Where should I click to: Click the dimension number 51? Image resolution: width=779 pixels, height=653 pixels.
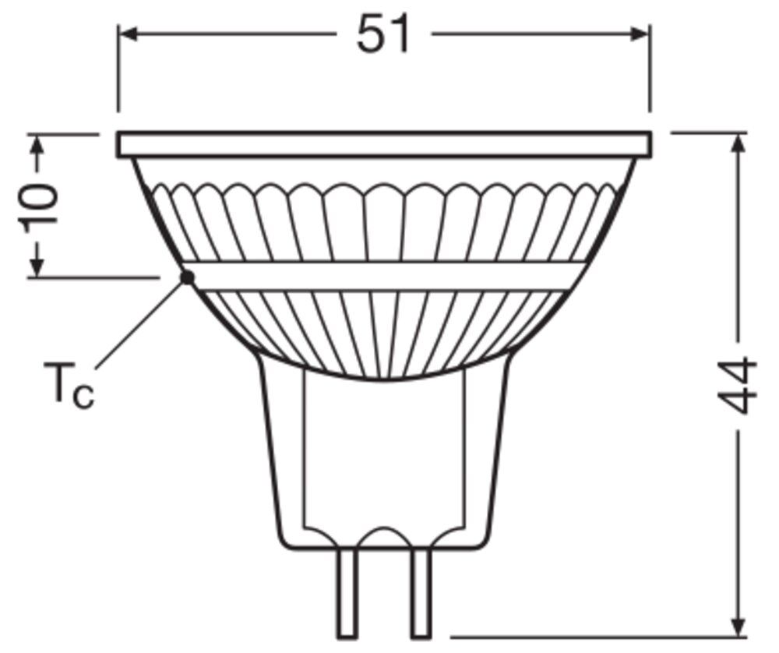click(383, 35)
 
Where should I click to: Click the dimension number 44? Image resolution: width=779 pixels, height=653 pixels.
click(737, 386)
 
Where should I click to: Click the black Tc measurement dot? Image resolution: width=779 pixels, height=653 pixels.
click(186, 277)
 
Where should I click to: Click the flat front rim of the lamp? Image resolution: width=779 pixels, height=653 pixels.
click(383, 145)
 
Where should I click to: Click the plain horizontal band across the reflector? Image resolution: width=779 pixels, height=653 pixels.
click(383, 276)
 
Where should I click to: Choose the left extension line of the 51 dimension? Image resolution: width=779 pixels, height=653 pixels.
click(118, 70)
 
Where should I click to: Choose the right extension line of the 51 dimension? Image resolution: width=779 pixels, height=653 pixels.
click(649, 70)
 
